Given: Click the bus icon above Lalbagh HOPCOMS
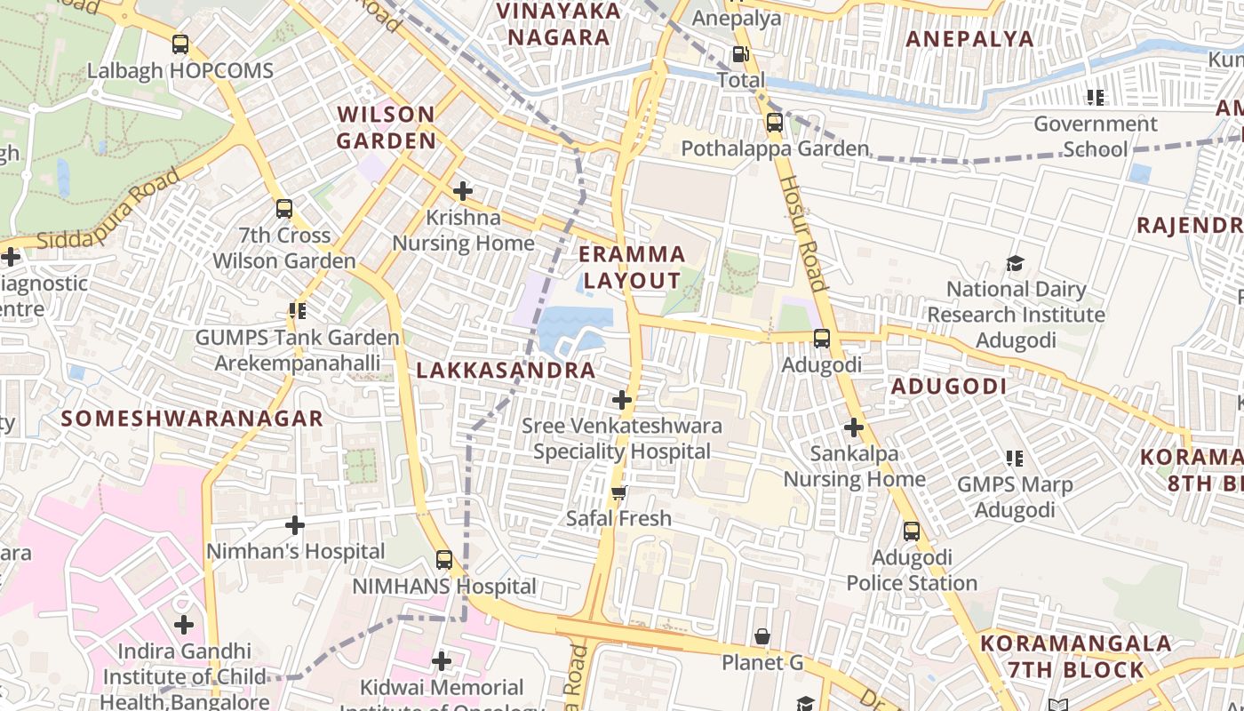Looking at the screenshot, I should point(180,44).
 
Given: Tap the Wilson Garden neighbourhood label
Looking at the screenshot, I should point(387,127).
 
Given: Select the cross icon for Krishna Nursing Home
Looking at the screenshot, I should point(462,190).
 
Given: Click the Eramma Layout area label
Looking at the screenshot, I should point(632,268).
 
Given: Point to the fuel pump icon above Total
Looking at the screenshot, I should point(740,54).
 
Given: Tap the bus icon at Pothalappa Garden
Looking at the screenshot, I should point(775,123).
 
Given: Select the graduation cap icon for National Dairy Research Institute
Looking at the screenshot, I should point(1016,263).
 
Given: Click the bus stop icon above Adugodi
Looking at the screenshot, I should point(822,339).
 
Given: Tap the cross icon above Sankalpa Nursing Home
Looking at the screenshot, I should point(853,427).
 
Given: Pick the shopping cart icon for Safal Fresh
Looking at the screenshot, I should point(619,492).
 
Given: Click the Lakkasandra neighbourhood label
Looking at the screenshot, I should point(506,371).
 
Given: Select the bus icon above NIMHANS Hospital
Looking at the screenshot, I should point(444,560).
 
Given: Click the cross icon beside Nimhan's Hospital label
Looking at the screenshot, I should point(295,525).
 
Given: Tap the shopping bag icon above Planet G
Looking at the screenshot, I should point(762,636).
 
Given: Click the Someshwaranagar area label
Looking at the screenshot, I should point(192,419).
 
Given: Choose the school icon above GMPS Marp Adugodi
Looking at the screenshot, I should point(1015,459).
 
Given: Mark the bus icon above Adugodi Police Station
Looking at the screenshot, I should point(912,531).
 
